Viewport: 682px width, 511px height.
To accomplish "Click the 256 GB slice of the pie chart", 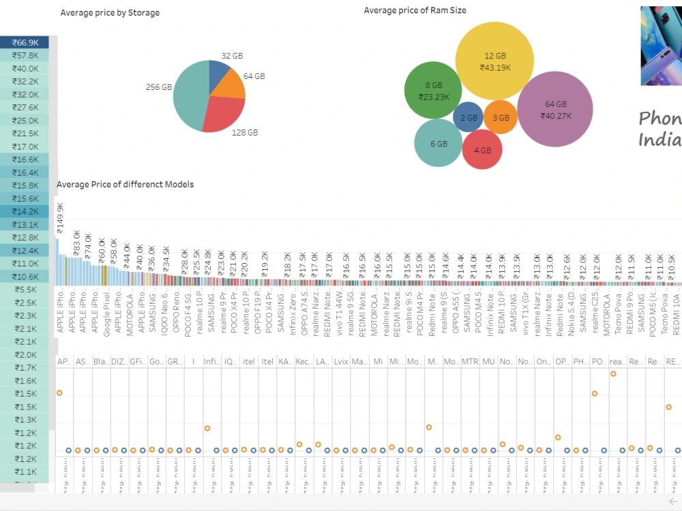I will click(x=188, y=95).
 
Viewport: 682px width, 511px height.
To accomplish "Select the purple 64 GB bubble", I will click(x=555, y=109).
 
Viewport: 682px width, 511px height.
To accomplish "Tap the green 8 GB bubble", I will click(x=434, y=91).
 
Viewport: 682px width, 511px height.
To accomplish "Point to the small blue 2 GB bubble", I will click(x=468, y=117).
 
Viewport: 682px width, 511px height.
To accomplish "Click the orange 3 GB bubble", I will click(x=501, y=117).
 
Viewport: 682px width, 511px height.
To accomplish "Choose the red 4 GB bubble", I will click(x=482, y=149).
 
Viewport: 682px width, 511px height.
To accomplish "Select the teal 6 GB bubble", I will click(x=439, y=143).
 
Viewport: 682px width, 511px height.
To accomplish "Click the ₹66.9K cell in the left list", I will click(x=25, y=42).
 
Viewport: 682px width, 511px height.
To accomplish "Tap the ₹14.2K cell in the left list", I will click(x=25, y=211).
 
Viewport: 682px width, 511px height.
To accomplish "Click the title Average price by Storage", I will click(x=110, y=13).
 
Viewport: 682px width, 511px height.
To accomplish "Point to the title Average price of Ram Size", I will click(x=415, y=10).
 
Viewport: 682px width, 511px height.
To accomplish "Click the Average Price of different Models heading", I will click(x=125, y=185).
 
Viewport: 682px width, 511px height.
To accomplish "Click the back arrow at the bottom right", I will click(x=673, y=501).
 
